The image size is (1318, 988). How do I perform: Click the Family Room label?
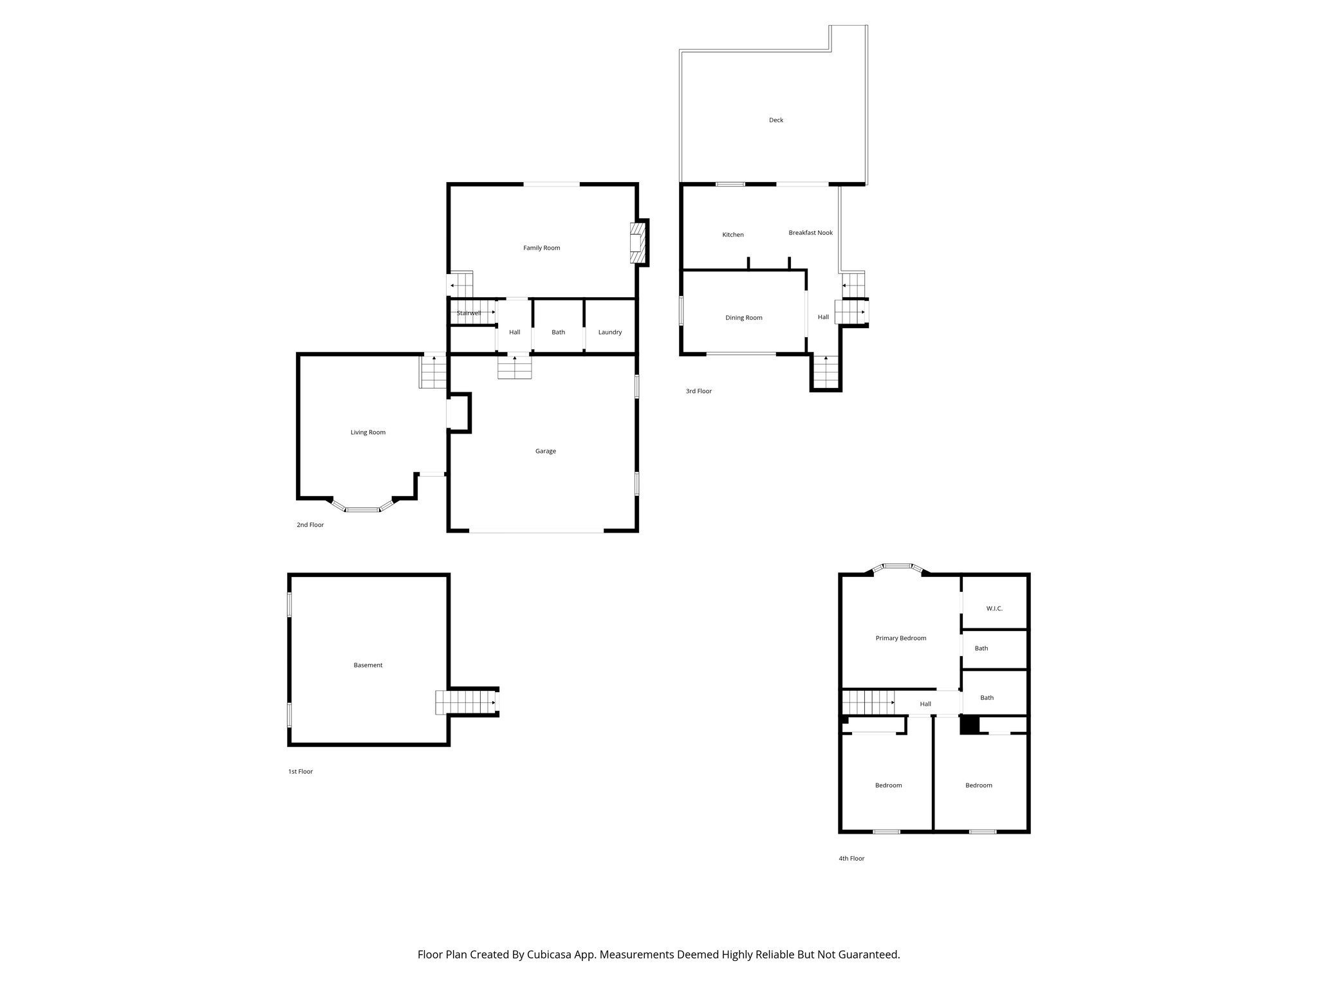point(541,248)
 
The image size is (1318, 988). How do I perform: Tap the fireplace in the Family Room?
point(637,242)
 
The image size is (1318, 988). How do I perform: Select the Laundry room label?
point(609,333)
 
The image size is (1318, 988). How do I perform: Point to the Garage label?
point(545,451)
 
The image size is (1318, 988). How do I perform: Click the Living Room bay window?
point(362,509)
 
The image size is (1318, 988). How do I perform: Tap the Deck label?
point(775,120)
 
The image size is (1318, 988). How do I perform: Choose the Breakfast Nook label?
point(810,233)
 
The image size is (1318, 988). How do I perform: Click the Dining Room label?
point(743,318)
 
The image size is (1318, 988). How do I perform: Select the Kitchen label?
point(732,235)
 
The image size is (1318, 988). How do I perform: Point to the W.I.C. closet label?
point(994,608)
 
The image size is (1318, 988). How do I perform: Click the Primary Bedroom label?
point(900,638)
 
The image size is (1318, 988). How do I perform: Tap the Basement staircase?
point(465,702)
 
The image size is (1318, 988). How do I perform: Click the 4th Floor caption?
point(851,858)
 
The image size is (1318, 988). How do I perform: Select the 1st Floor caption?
point(300,771)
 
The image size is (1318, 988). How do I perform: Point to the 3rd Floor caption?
point(698,391)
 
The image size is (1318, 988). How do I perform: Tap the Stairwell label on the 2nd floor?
point(469,313)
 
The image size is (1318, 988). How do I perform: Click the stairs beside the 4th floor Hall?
point(868,702)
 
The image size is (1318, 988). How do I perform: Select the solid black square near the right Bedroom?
point(969,725)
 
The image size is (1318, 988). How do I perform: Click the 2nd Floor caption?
point(310,525)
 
